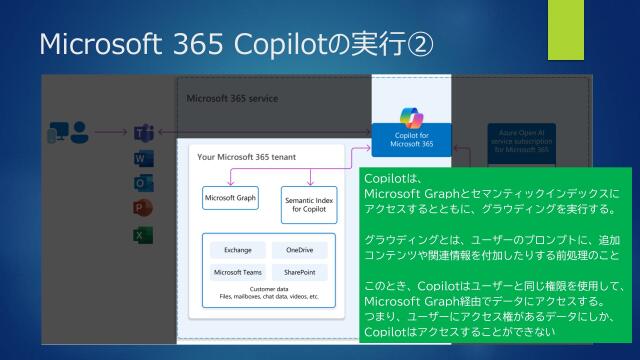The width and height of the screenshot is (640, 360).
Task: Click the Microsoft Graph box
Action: click(230, 198)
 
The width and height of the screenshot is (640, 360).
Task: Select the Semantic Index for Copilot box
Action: click(309, 203)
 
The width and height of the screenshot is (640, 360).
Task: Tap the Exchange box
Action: click(237, 250)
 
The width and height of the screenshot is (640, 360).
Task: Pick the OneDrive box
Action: click(299, 250)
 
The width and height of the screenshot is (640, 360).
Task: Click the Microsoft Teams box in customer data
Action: click(237, 271)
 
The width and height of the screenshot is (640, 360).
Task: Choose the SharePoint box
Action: click(299, 271)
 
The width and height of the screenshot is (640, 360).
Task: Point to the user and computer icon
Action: click(67, 132)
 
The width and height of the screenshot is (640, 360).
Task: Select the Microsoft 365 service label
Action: click(232, 99)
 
